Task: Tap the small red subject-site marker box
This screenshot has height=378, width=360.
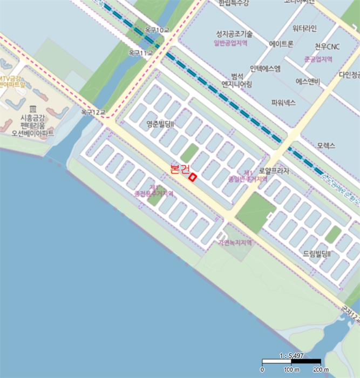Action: click(193, 176)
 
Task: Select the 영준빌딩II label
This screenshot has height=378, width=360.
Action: click(162, 124)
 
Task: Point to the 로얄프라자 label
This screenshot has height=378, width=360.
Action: click(274, 171)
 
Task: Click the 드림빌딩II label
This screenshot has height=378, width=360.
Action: click(317, 253)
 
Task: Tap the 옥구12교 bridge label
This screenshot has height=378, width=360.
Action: click(93, 112)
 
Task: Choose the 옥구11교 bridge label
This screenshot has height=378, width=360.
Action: click(141, 53)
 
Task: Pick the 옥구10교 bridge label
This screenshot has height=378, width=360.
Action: click(158, 31)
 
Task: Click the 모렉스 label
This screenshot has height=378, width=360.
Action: click(326, 146)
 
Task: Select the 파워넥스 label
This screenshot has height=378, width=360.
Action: click(284, 102)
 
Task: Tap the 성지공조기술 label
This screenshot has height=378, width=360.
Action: click(234, 34)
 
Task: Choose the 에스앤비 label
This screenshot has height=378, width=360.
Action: click(308, 82)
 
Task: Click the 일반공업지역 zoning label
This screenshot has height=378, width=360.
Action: click(230, 43)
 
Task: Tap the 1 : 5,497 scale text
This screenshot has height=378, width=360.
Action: click(291, 356)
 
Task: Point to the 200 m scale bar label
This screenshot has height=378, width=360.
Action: click(321, 370)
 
